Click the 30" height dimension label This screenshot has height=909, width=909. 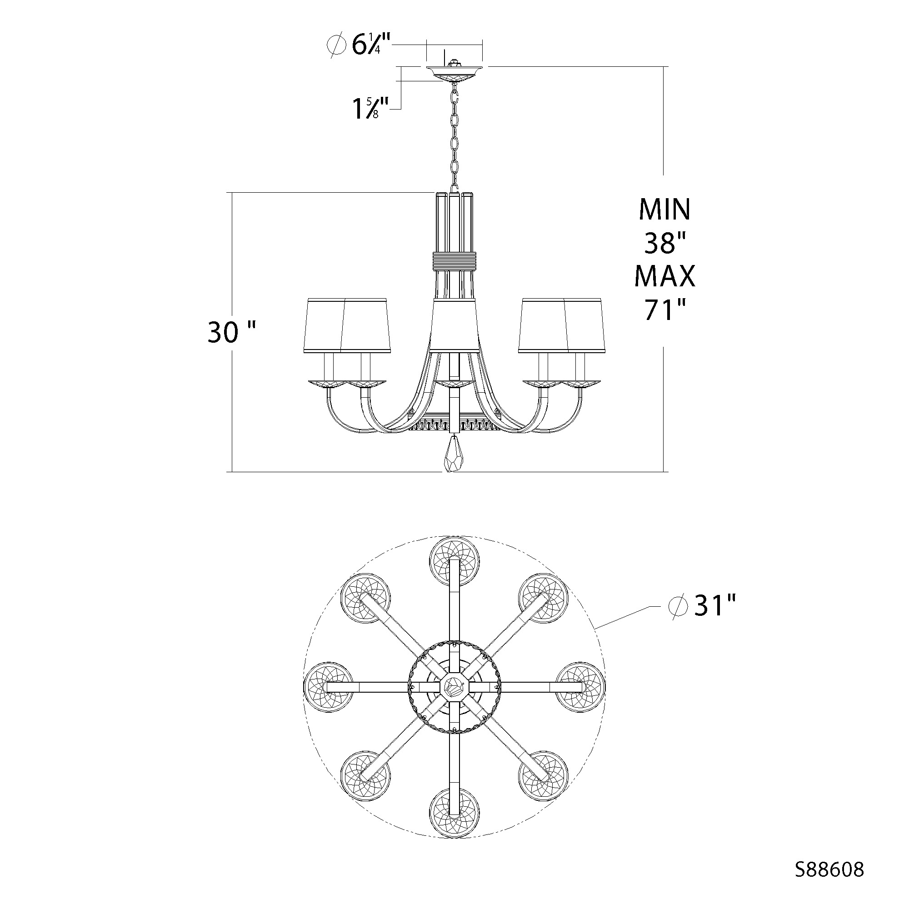tap(231, 332)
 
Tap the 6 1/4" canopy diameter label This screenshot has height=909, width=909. tap(358, 45)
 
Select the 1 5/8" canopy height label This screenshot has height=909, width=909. tap(371, 108)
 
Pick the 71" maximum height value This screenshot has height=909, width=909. tap(664, 310)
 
